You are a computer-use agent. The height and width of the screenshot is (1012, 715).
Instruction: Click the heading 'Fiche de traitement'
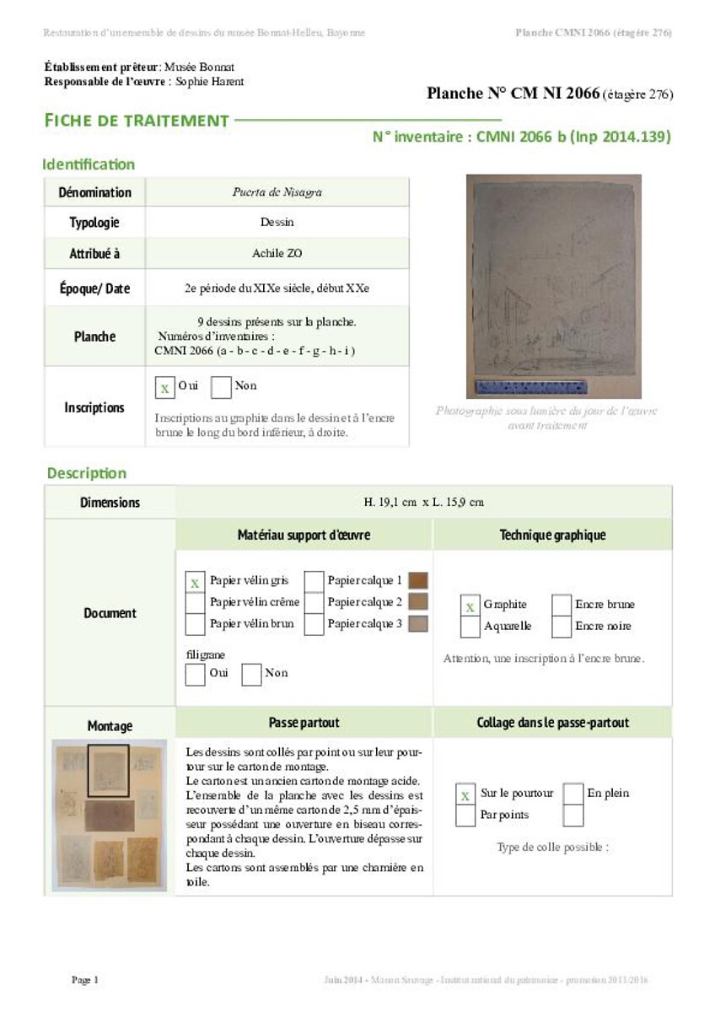(x=137, y=121)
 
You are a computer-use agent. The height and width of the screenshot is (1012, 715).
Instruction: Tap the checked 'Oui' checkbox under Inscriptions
(x=165, y=387)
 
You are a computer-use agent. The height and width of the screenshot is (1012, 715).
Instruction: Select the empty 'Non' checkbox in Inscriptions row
(x=221, y=387)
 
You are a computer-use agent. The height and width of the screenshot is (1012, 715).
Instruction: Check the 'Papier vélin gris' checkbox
(x=195, y=582)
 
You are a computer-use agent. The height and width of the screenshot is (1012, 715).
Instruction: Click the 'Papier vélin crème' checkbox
(x=195, y=603)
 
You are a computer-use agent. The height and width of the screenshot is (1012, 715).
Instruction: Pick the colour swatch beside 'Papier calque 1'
(x=417, y=581)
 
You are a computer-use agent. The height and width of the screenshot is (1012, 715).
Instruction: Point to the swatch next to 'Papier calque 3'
(x=417, y=624)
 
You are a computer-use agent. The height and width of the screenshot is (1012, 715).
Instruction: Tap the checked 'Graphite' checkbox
(x=470, y=606)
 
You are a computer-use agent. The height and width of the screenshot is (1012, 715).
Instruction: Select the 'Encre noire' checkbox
(x=562, y=627)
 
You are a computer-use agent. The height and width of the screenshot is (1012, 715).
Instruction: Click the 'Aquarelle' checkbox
(x=470, y=627)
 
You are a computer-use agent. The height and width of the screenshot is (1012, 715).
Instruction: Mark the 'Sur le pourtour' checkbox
(x=465, y=794)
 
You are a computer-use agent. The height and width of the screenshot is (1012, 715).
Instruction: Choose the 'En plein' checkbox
(x=573, y=794)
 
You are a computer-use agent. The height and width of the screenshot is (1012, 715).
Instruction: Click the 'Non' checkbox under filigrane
(x=251, y=674)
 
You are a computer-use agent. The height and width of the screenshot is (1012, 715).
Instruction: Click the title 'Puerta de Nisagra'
(x=277, y=192)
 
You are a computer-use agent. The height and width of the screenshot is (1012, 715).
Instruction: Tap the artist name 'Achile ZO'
(x=277, y=253)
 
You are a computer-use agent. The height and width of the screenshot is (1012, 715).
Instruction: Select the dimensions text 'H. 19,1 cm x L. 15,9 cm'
(x=423, y=503)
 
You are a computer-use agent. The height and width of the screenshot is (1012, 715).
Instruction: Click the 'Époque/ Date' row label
(x=94, y=288)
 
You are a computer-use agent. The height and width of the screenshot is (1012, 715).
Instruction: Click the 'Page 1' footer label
(x=85, y=980)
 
